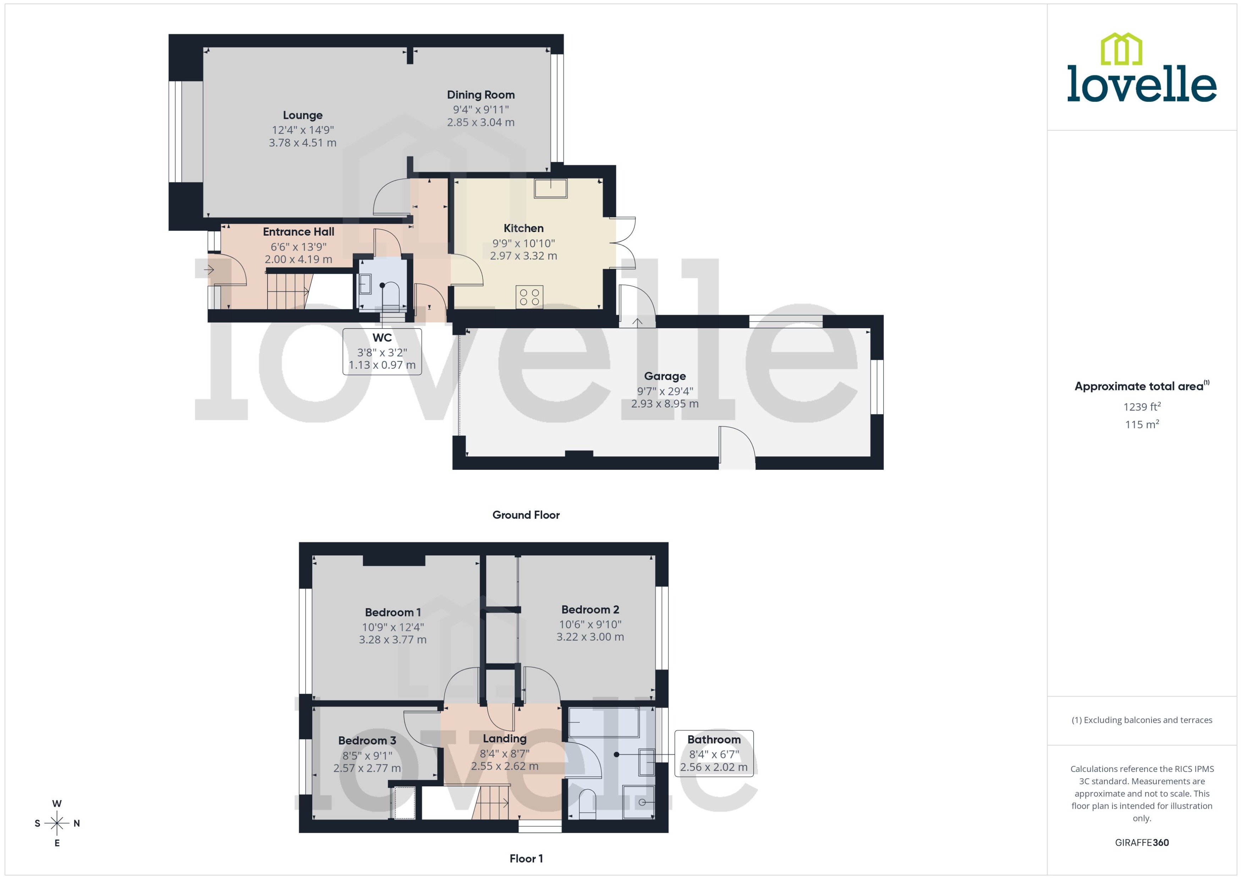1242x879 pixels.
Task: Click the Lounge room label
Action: [x=303, y=115]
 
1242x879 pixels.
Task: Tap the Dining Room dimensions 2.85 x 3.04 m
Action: [x=480, y=123]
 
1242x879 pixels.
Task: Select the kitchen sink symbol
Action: [x=550, y=188]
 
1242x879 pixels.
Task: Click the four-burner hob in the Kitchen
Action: [x=529, y=297]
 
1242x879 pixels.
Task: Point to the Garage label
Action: [x=665, y=376]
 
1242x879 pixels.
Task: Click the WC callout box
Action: [x=382, y=351]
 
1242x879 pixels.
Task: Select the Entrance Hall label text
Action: [x=298, y=232]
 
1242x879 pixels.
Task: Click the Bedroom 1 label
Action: [x=392, y=612]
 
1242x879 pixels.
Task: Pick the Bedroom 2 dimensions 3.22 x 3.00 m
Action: [x=590, y=637]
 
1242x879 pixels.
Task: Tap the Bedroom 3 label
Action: [x=367, y=741]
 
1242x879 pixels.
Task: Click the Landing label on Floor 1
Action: [x=504, y=738]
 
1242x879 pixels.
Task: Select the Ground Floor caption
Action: [x=526, y=515]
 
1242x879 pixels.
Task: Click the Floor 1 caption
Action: [x=526, y=858]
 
